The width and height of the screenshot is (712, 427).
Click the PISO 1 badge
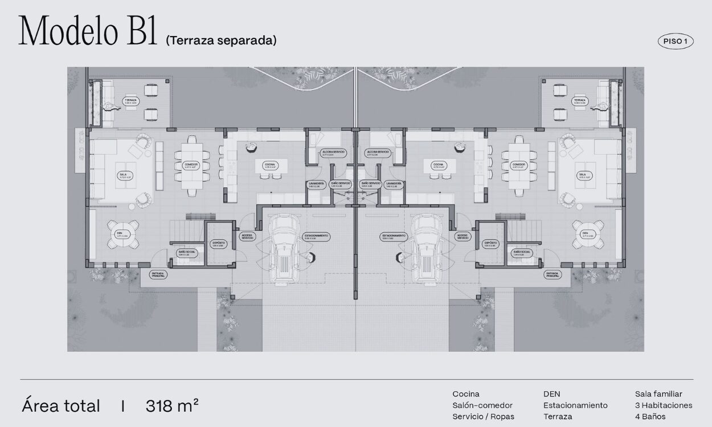click(676, 41)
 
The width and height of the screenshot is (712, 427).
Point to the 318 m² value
click(172, 406)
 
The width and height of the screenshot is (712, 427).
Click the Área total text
click(61, 406)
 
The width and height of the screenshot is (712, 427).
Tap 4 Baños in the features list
click(650, 417)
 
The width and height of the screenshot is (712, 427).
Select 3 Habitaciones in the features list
click(664, 405)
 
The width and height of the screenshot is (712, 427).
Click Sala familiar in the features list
click(658, 394)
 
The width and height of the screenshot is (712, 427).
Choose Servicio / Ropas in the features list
click(483, 417)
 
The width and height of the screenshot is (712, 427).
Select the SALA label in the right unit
click(582, 175)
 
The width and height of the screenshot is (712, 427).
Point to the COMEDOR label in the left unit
click(191, 165)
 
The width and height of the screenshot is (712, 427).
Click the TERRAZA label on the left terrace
click(131, 101)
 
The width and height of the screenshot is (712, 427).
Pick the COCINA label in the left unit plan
click(270, 166)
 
